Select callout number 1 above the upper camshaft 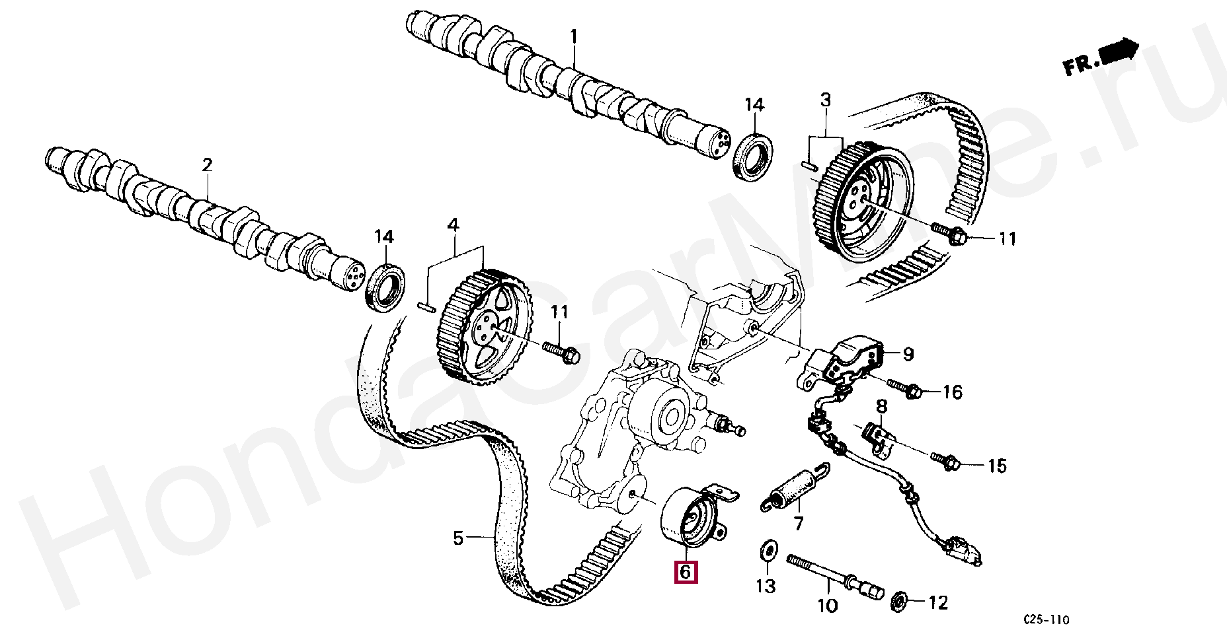[574, 36]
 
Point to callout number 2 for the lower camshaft [207, 165]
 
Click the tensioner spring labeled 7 [793, 486]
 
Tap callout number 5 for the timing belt [458, 539]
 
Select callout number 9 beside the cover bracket [908, 355]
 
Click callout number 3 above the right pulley [826, 100]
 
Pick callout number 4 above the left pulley [452, 226]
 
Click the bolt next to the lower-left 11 [561, 351]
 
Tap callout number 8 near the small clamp [881, 405]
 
